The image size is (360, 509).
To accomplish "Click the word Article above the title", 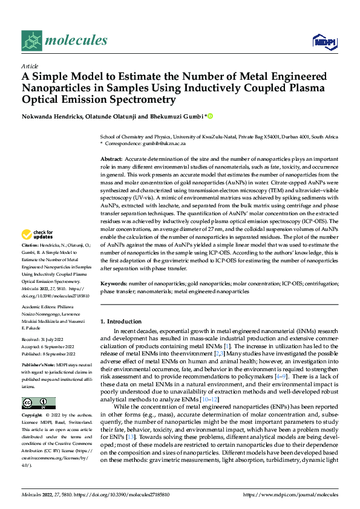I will [30, 66].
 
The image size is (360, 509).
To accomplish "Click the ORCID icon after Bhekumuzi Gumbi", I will [211, 115].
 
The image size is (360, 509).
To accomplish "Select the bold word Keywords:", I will [114, 284].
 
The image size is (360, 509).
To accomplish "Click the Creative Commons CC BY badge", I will [38, 386].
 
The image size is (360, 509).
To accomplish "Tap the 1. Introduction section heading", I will [121, 322].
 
